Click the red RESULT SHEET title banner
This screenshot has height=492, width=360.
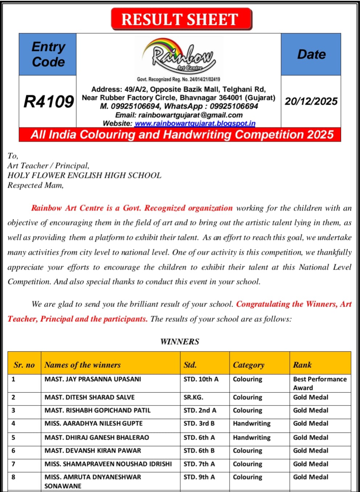pos(181,19)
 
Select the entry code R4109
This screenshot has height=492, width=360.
pos(49,101)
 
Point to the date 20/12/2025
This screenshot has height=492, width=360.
pos(311,101)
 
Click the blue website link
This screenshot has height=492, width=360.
pos(195,123)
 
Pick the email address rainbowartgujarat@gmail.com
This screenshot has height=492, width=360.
pos(191,115)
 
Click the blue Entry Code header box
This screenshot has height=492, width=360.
pos(48,54)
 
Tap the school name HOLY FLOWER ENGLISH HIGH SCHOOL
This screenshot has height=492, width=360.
pos(85,175)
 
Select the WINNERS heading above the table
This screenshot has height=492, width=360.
pos(180,341)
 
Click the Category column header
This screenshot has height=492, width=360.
pos(249,365)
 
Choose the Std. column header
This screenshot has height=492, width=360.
pos(190,365)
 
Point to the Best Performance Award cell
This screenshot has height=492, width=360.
pos(320,383)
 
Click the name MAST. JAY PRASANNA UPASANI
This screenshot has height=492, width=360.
pos(93,379)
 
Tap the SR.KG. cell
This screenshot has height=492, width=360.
pos(193,397)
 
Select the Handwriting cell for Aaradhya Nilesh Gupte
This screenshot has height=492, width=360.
pos(251,423)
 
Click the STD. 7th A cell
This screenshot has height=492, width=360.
pos(199,464)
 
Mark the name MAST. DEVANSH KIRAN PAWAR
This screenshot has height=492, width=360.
pos(93,451)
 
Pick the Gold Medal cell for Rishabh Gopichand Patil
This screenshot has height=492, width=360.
pos(311,410)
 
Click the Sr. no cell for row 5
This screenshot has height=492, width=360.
pos(13,438)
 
